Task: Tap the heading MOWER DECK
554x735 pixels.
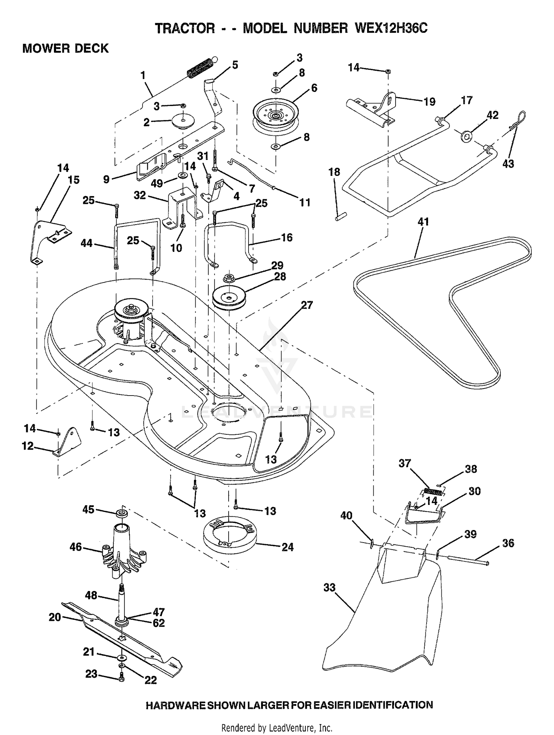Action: [66, 48]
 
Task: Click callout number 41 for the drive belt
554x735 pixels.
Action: [423, 222]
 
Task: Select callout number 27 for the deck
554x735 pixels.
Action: [307, 305]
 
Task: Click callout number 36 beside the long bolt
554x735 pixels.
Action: [508, 543]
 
